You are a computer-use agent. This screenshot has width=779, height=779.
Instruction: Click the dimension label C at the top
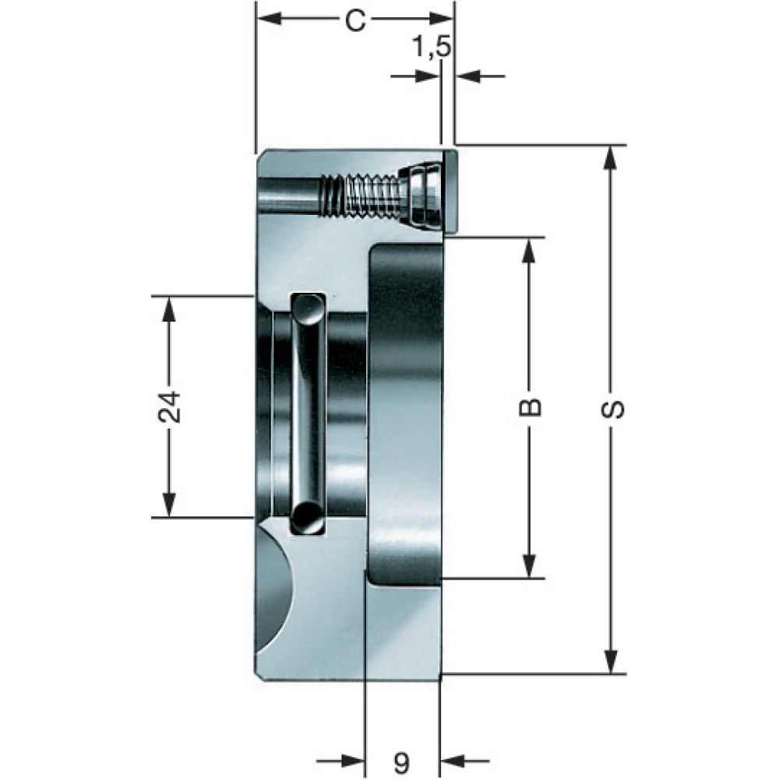click(356, 21)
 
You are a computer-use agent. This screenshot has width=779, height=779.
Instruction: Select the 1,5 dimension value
click(432, 48)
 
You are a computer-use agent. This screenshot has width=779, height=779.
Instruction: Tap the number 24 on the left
click(170, 407)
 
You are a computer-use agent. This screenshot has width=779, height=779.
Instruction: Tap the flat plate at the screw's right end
click(450, 192)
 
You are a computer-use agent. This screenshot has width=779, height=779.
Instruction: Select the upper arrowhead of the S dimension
click(612, 158)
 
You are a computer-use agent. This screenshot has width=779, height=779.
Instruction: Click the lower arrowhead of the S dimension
click(612, 661)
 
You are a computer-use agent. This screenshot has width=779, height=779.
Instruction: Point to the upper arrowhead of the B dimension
click(530, 250)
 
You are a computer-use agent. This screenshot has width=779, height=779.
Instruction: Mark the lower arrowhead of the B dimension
click(530, 566)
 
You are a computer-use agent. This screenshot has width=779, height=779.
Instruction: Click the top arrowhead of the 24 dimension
click(169, 308)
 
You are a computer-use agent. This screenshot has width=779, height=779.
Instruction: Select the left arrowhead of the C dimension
click(269, 19)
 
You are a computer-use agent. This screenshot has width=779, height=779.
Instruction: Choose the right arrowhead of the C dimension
click(441, 19)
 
